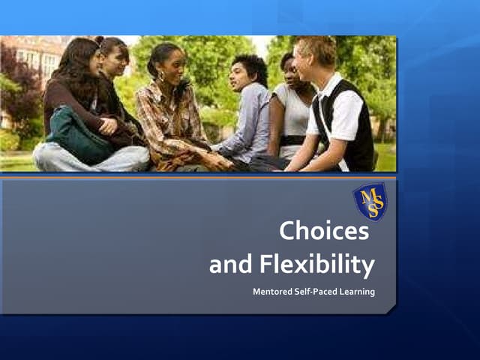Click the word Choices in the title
pyautogui.click(x=324, y=232)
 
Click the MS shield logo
pyautogui.click(x=370, y=202)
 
